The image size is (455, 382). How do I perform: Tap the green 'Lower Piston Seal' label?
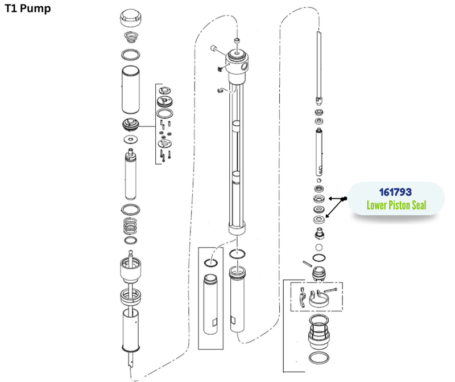pyautogui.click(x=396, y=205)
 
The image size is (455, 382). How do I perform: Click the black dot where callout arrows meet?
pyautogui.click(x=345, y=199)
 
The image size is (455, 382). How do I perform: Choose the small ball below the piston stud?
pyautogui.click(x=319, y=248)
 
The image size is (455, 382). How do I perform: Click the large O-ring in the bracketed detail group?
pyautogui.click(x=166, y=113)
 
